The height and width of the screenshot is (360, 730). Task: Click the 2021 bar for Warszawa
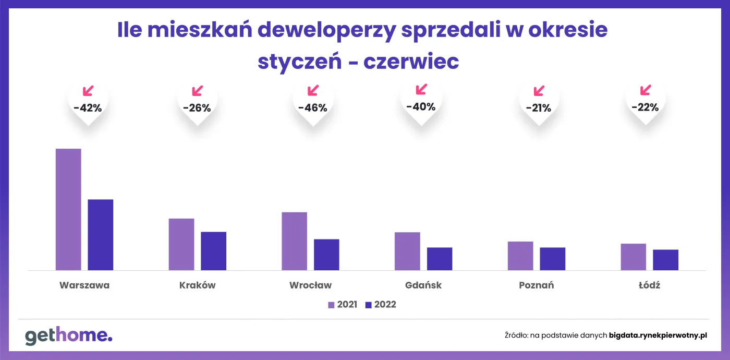68,209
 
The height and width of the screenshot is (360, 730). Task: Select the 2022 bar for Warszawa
101,235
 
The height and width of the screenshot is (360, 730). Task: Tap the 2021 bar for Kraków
181,244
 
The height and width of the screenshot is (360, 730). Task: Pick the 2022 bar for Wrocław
326,255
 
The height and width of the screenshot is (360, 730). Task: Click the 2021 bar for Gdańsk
407,251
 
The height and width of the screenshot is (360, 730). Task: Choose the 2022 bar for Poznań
553,259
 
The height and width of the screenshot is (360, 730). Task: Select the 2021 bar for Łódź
634,257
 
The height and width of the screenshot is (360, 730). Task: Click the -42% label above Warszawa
88,109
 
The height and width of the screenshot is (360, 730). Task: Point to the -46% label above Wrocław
312,109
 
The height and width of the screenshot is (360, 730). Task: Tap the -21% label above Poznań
539,108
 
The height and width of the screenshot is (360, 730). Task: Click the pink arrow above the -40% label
421,89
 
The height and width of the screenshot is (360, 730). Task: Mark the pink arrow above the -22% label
646,90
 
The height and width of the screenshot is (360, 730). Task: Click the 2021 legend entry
343,305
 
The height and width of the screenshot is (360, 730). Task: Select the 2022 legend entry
381,305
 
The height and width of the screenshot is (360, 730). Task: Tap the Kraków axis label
197,285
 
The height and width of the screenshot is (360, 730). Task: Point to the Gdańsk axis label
423,285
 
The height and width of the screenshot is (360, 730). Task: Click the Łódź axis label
649,285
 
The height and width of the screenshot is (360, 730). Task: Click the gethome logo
68,336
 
